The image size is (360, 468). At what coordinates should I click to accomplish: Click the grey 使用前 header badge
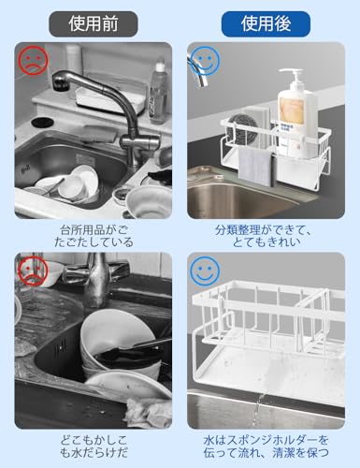[94, 24]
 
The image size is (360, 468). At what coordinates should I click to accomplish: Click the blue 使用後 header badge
[266, 24]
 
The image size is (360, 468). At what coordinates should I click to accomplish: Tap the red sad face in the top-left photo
[33, 61]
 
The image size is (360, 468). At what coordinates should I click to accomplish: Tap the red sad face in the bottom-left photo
[33, 271]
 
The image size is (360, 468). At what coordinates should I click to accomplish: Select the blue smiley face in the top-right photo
[205, 61]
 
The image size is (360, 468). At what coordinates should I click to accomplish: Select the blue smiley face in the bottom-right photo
[205, 271]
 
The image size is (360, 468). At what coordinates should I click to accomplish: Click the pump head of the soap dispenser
[292, 76]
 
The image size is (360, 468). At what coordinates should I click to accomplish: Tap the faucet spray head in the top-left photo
[60, 80]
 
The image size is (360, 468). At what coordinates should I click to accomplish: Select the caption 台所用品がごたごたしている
[94, 236]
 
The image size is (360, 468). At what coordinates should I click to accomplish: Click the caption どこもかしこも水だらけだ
[94, 446]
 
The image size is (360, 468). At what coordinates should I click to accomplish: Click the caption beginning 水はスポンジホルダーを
[266, 446]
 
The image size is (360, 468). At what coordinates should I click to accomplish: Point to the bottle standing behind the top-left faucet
[157, 94]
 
